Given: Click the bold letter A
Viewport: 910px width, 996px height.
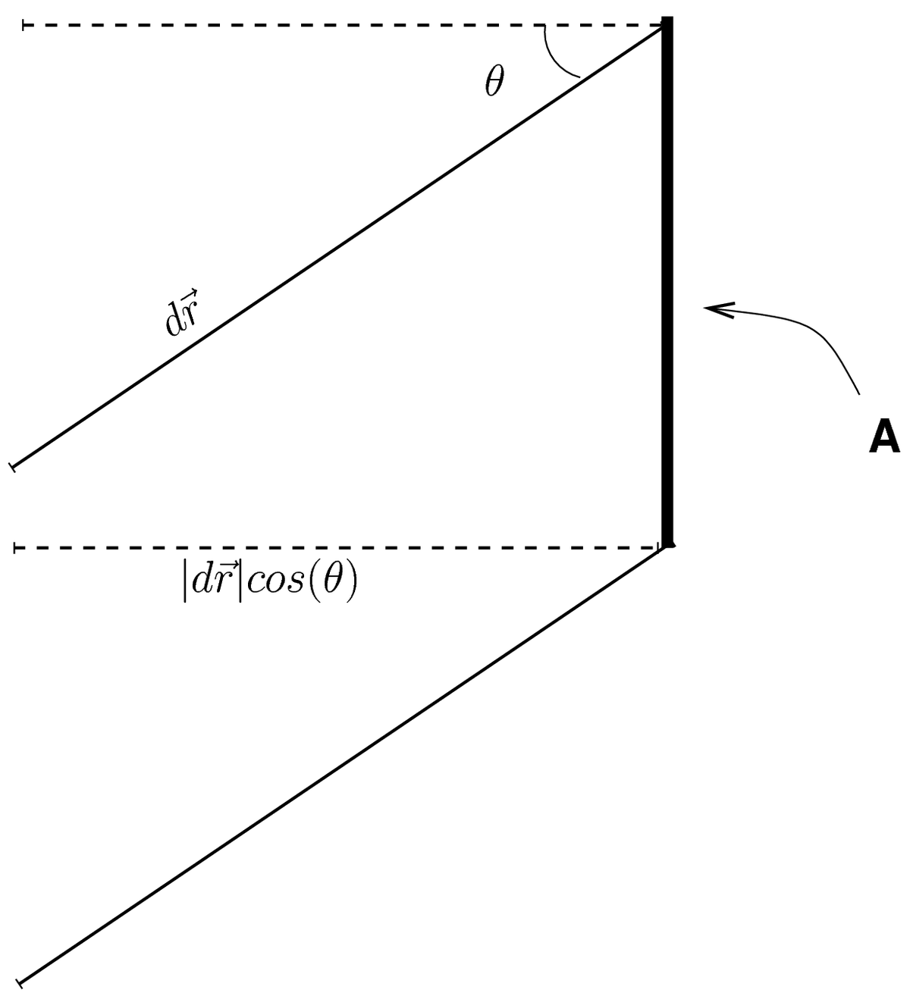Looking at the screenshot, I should coord(884,437).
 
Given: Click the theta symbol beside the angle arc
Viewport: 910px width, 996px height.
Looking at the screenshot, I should coord(494,81).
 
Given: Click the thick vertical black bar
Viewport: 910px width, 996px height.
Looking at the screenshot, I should coord(667,280).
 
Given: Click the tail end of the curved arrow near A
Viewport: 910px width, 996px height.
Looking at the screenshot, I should coord(858,393).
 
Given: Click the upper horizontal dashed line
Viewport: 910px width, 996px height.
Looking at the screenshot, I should coord(341,27).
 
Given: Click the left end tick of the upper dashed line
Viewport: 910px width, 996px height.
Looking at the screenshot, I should coord(24,27).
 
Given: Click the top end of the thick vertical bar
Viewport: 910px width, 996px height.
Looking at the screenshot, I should coord(667,18).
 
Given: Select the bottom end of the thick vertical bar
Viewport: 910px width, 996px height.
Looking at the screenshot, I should coord(667,543).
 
